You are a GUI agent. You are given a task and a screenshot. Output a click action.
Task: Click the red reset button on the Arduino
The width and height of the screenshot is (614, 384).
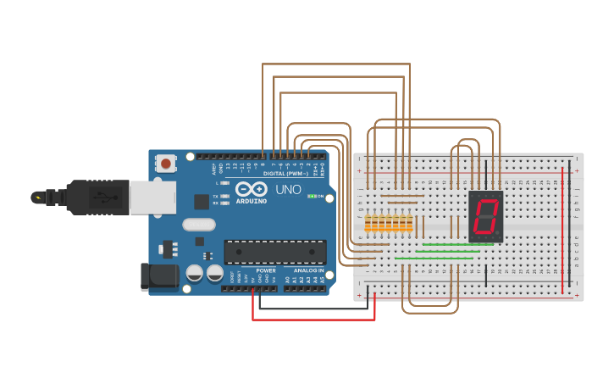click(x=166, y=163)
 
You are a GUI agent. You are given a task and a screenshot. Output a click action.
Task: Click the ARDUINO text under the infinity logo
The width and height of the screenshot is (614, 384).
click(x=252, y=201)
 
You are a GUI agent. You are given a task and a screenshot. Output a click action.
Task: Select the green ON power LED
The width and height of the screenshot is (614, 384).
click(x=312, y=197)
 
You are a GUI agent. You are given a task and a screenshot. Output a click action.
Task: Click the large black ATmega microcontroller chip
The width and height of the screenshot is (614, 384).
click(x=274, y=252)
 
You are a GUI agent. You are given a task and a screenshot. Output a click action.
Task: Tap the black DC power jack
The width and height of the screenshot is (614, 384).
click(x=158, y=276)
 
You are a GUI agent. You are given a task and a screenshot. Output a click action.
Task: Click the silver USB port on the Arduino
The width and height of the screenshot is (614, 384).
click(x=152, y=197)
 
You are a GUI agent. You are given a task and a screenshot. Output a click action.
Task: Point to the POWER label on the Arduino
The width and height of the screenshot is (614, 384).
click(x=265, y=270)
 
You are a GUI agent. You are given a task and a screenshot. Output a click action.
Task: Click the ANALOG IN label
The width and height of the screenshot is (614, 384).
click(x=308, y=270)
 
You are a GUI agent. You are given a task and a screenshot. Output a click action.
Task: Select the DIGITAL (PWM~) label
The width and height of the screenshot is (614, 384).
click(x=285, y=174)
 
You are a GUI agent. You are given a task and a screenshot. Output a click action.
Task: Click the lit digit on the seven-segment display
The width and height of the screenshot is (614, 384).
click(x=484, y=216)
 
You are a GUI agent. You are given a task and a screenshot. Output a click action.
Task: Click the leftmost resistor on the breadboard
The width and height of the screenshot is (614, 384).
click(x=368, y=224)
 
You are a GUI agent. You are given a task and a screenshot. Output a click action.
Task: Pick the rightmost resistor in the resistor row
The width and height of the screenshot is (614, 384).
click(x=410, y=224)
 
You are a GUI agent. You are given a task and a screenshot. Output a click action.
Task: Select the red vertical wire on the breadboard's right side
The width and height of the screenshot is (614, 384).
click(x=562, y=229)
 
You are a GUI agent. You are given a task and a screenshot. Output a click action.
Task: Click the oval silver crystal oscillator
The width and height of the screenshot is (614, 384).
click(x=198, y=225)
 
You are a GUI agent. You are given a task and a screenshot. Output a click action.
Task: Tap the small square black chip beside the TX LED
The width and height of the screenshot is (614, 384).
click(x=202, y=202)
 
